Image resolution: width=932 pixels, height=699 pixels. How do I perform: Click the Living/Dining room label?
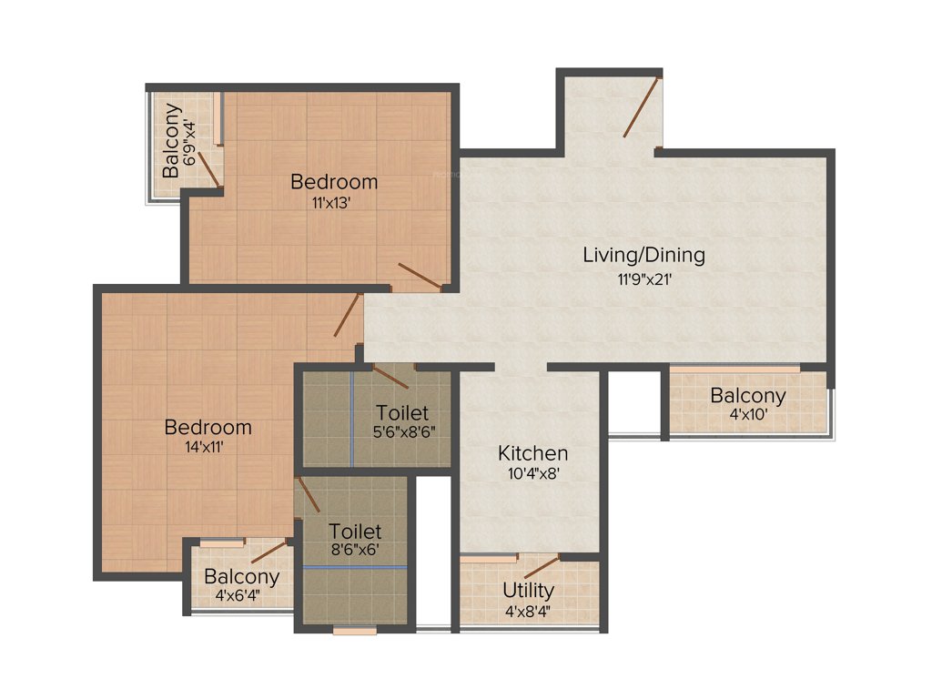point(643,255)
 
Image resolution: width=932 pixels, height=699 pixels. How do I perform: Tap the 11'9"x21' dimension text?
point(643,280)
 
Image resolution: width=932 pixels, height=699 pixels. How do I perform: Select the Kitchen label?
point(532,453)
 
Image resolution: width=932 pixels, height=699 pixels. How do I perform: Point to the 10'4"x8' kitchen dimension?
point(532,472)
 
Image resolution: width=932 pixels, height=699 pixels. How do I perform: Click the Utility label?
point(529,591)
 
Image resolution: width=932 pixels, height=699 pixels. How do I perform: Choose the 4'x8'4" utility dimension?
point(529,611)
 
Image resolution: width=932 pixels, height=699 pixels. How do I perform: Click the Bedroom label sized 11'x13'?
point(334,182)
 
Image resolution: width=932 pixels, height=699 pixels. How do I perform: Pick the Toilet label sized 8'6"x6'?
point(355,531)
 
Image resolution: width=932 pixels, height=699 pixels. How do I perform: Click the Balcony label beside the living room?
point(748,396)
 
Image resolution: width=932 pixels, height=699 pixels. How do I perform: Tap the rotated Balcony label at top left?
point(170,141)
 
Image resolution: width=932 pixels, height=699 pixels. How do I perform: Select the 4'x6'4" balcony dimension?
point(241,596)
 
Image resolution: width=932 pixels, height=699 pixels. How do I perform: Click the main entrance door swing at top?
point(641,107)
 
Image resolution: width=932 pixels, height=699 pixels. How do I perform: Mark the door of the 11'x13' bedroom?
point(420,277)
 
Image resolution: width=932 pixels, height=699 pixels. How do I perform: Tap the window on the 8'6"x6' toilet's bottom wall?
point(354,630)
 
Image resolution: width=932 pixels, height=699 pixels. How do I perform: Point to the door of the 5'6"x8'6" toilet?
point(390,376)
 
